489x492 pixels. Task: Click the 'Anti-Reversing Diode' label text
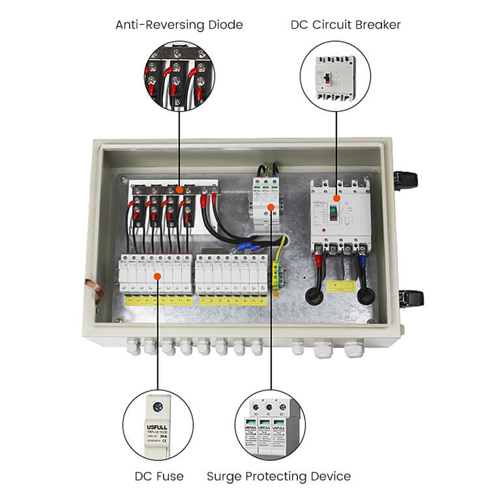tap(179, 25)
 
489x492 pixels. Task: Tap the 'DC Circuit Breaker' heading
tap(346, 25)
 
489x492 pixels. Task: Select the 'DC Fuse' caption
tap(158, 476)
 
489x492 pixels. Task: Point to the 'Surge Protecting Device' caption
tap(278, 476)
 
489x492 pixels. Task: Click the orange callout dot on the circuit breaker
tap(336, 197)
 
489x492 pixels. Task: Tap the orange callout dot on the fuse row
tap(158, 276)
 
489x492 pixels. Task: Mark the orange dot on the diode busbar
tap(179, 190)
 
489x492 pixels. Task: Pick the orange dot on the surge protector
tap(269, 194)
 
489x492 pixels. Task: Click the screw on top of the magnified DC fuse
tap(158, 405)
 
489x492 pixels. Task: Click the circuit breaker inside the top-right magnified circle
tap(335, 77)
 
